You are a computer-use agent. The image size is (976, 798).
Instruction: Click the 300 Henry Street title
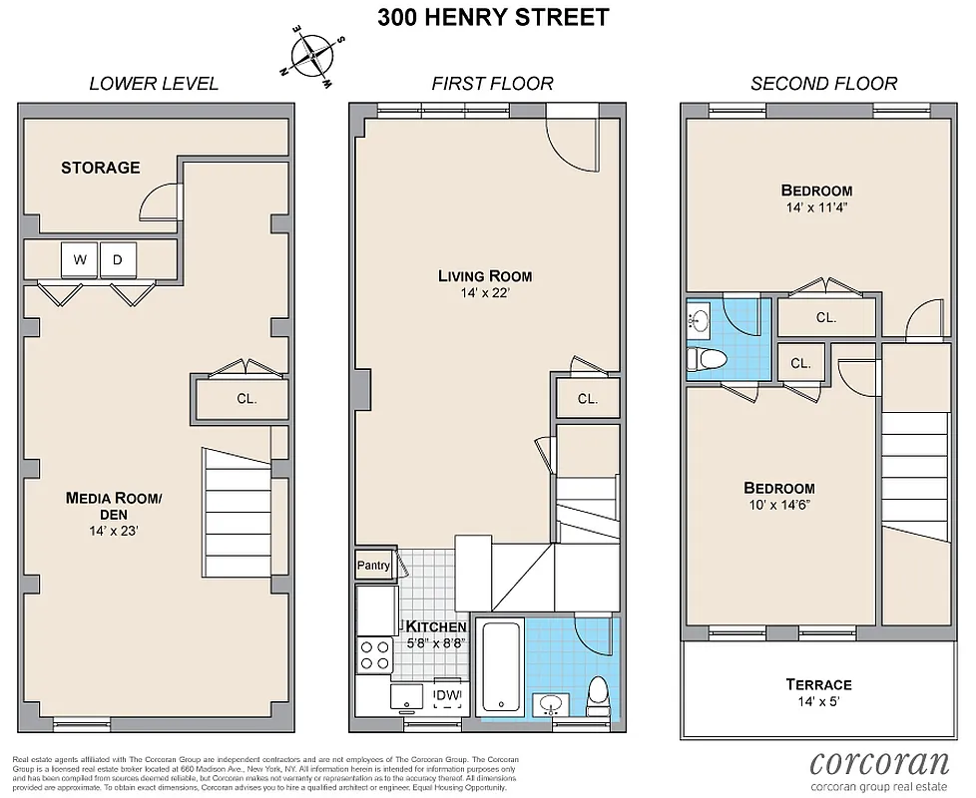click(493, 18)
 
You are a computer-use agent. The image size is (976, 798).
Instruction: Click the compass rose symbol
click(313, 56)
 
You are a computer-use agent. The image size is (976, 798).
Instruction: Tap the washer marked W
click(79, 260)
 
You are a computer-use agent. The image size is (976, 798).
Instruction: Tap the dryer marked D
click(116, 260)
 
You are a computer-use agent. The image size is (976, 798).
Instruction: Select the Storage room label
click(100, 168)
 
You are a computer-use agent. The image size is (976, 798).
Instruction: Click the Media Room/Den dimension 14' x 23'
click(113, 531)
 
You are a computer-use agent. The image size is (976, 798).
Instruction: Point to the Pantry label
click(373, 566)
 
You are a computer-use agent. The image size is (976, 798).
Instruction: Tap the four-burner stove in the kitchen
click(375, 655)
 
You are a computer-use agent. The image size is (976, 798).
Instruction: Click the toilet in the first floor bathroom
click(598, 690)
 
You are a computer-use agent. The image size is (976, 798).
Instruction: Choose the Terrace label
click(817, 684)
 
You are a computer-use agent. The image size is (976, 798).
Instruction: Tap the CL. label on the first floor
click(586, 399)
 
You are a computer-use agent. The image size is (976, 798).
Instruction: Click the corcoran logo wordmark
click(879, 763)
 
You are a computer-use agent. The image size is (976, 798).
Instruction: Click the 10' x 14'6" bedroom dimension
click(778, 505)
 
